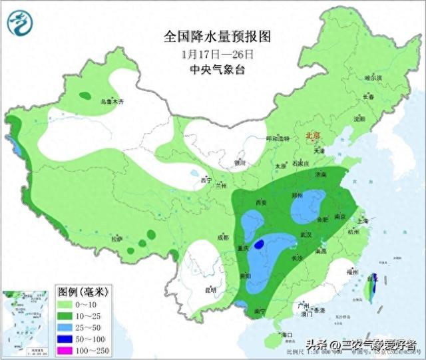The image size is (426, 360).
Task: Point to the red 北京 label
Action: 312,135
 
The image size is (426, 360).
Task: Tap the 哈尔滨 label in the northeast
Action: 373,78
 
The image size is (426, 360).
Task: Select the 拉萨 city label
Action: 117,239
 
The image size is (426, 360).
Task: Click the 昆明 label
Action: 210,289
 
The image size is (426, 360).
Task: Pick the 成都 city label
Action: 222,238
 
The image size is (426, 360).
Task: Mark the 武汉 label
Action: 307,235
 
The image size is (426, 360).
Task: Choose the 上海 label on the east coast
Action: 363,220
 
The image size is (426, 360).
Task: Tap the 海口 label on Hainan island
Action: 287,333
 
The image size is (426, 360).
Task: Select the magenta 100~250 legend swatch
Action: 65,350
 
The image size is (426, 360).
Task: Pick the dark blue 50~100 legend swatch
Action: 65,338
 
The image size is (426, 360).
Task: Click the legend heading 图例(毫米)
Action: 83,291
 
